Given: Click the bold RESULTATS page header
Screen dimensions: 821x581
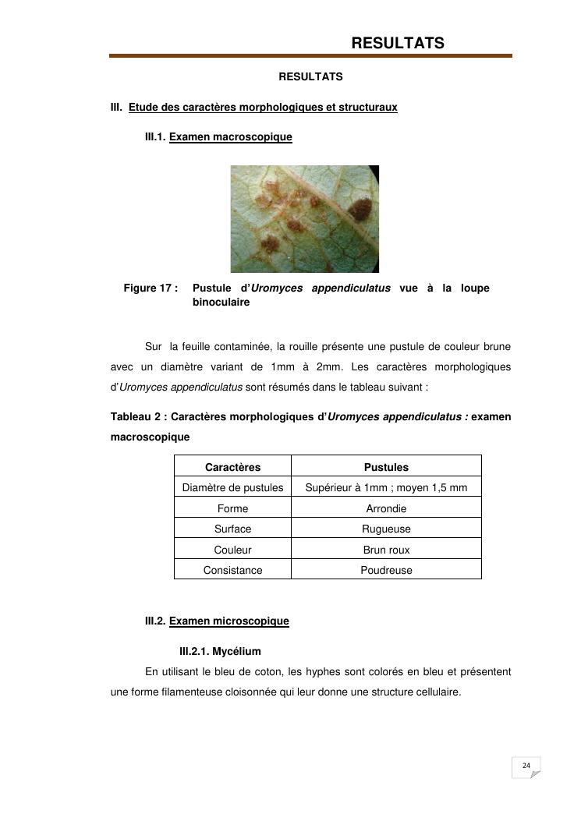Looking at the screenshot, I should tap(398, 44).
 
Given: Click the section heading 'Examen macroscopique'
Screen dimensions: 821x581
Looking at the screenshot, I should tap(230, 137).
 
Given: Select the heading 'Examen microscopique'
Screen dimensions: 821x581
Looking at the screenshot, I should tap(229, 621).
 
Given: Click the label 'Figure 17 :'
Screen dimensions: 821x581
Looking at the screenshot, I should tap(151, 288).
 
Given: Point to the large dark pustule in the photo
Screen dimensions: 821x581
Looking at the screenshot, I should tap(360, 208).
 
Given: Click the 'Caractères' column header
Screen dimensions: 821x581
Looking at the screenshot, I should tap(232, 467).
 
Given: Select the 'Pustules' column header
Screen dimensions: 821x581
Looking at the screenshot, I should tap(386, 467).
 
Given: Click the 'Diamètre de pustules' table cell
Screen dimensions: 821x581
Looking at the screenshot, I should tap(232, 488).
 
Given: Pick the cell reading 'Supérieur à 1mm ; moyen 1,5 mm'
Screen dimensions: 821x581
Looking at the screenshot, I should tap(386, 488).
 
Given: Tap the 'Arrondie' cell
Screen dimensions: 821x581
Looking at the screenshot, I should tap(386, 508).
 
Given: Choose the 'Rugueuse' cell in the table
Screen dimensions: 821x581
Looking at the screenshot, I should tap(386, 529).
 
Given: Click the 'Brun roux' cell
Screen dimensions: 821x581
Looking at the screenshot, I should tap(386, 550).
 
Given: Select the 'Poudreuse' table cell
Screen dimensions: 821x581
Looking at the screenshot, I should tap(386, 570).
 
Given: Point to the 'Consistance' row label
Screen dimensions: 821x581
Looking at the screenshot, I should tap(232, 570).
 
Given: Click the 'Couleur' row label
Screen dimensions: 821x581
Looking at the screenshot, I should tap(232, 550).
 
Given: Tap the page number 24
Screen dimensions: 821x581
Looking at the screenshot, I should tap(526, 766).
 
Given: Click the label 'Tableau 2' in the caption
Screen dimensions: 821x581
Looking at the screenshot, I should tap(136, 417).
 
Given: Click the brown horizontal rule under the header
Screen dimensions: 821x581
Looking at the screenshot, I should tap(310, 56).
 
